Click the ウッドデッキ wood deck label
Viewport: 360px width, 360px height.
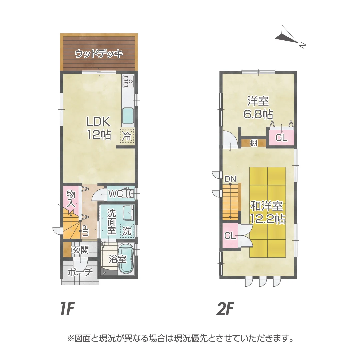(x=99, y=54)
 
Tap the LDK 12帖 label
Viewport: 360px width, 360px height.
(x=99, y=128)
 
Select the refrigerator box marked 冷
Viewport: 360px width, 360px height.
(x=127, y=136)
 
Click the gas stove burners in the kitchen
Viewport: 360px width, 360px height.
(x=128, y=81)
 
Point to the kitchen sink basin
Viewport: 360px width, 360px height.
(x=128, y=116)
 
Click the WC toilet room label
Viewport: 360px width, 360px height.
(x=115, y=193)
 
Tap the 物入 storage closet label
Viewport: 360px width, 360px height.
(x=71, y=199)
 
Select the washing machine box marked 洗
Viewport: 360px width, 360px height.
(x=127, y=231)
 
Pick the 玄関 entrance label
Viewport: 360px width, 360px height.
(x=80, y=250)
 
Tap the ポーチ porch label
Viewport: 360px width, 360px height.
(x=80, y=272)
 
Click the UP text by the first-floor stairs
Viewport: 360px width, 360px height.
(x=85, y=231)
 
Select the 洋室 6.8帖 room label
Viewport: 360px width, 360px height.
(x=258, y=107)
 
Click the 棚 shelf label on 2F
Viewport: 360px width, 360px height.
(x=254, y=143)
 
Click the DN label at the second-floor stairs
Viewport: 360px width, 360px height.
(x=230, y=179)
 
